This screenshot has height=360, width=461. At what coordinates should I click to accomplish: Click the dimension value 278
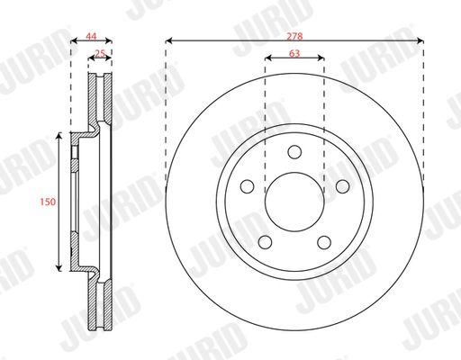tap(294, 36)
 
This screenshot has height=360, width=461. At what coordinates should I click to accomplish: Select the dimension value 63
tap(294, 53)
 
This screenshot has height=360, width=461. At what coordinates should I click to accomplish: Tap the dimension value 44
tap(91, 36)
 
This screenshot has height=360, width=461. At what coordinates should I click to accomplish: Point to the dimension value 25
tap(100, 53)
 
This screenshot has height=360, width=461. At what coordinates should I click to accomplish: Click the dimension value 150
tap(48, 202)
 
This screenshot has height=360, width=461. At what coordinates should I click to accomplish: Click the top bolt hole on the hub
tap(294, 152)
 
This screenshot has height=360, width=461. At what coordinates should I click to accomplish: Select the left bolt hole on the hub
tap(248, 186)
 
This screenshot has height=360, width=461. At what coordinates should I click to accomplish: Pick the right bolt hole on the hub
tap(342, 186)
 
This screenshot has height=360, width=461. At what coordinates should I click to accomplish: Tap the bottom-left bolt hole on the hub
tap(265, 242)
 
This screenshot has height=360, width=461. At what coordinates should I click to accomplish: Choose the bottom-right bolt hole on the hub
tap(324, 242)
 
